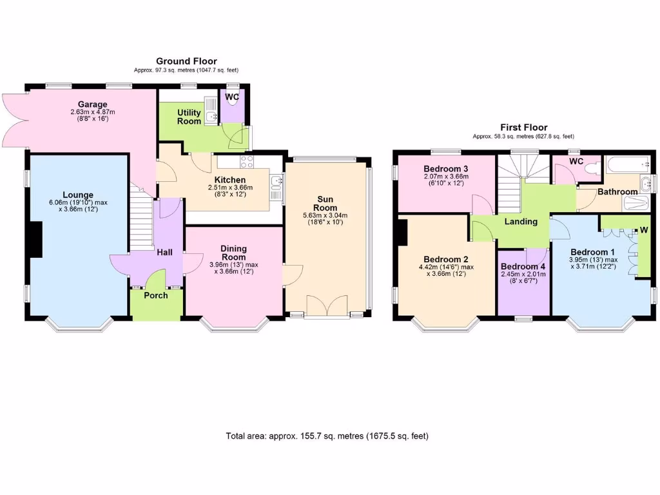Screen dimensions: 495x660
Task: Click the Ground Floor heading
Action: pos(186,61)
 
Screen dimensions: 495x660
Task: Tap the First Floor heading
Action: pos(523,128)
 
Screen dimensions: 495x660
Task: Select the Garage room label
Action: pos(92,104)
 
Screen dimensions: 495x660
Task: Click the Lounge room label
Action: pos(77,195)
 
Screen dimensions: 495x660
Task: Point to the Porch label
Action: pos(155,295)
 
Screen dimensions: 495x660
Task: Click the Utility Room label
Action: pos(189,117)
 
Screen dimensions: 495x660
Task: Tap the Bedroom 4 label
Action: pos(523,267)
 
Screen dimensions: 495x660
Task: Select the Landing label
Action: pos(521,222)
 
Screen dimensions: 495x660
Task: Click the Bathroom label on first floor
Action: pos(617,192)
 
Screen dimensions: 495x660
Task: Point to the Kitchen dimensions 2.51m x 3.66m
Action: pos(229,188)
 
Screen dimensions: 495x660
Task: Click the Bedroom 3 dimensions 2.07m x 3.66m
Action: pos(446,177)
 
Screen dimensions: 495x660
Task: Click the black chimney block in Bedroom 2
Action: pos(403,232)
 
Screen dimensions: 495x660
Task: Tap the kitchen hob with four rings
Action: pos(247,161)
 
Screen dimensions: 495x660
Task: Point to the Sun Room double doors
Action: pos(326,306)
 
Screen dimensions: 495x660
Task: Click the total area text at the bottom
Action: pos(327,436)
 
